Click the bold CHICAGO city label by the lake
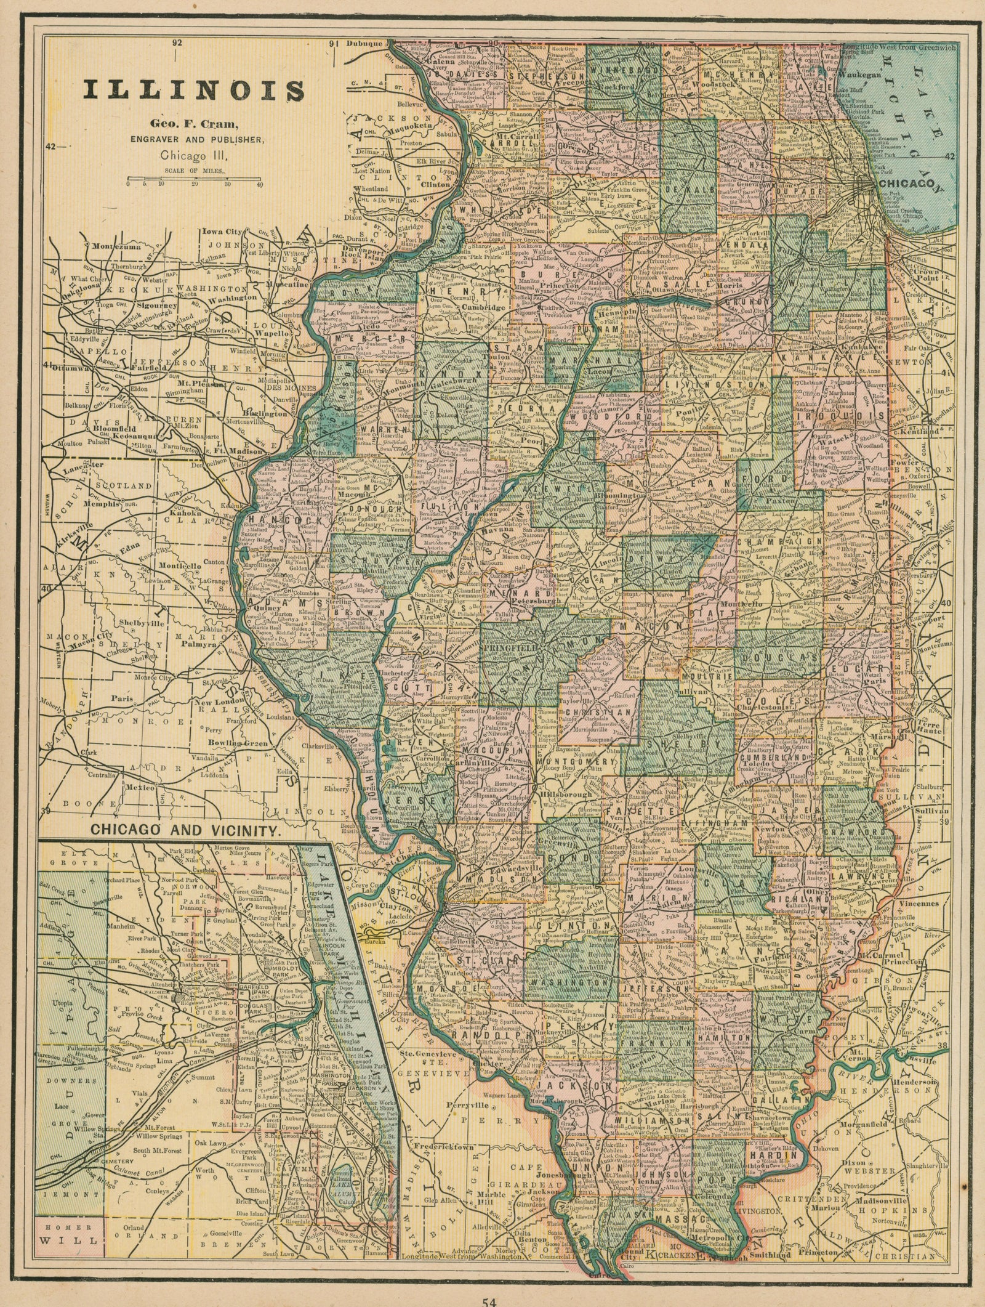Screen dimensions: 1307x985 [x=911, y=183]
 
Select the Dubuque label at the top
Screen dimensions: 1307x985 [x=365, y=44]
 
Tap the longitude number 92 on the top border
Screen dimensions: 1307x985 [x=178, y=43]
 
